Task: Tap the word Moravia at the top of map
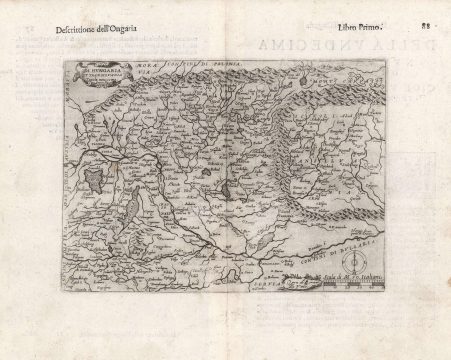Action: coord(157,72)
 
